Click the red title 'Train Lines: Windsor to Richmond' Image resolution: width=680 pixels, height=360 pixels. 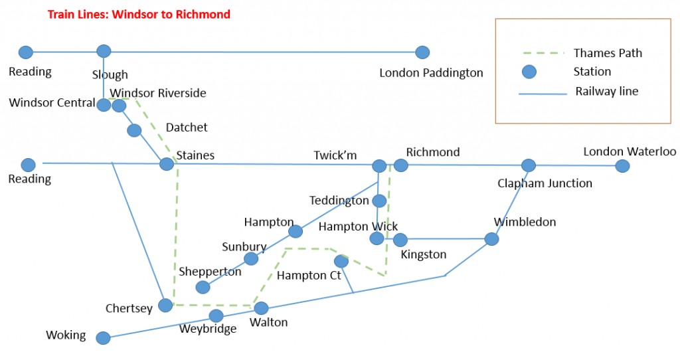(139, 14)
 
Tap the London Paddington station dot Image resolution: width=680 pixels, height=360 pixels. (422, 52)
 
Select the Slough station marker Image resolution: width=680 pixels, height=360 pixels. (104, 51)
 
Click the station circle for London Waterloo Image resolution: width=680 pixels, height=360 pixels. (622, 165)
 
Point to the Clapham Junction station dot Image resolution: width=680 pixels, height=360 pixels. (528, 165)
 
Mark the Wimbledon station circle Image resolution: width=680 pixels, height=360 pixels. (491, 238)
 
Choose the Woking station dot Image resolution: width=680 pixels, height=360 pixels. (103, 338)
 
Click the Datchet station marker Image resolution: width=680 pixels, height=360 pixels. (134, 130)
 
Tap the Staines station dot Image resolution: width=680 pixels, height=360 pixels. (167, 163)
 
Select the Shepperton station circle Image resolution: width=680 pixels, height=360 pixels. (203, 287)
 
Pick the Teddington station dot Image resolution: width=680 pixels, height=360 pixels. (379, 200)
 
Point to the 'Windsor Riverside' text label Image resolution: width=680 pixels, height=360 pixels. (158, 93)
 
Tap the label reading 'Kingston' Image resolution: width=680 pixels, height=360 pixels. (424, 254)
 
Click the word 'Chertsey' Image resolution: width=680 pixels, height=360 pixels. (129, 308)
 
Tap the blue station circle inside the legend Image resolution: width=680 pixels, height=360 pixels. (529, 72)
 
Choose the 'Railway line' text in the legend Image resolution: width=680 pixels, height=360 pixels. (606, 92)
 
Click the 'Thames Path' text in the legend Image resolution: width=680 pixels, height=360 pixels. (608, 53)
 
